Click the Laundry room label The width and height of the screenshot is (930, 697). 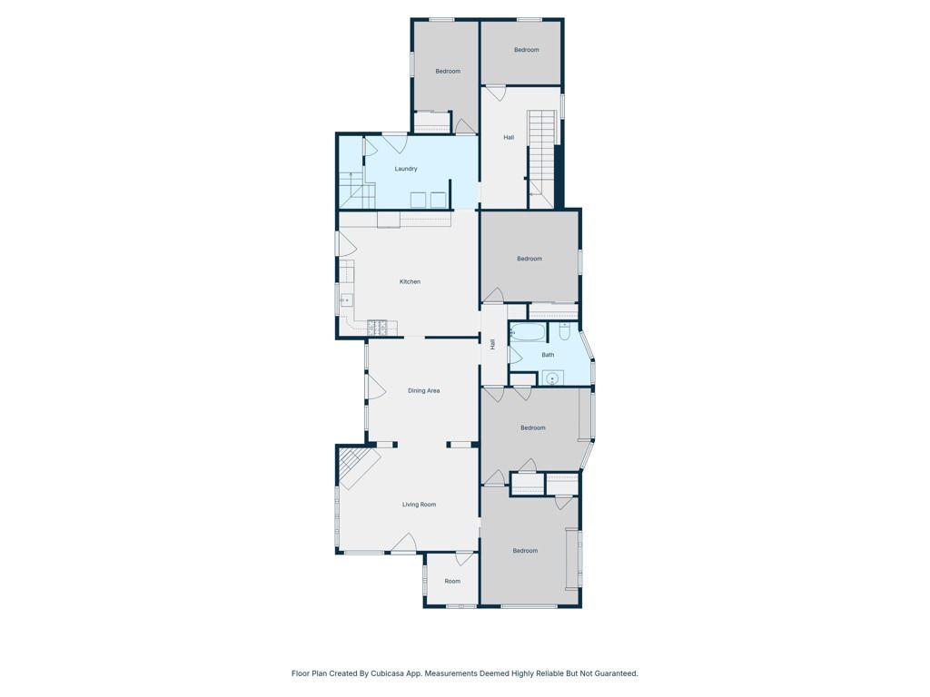click(406, 169)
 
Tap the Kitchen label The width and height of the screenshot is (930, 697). click(410, 281)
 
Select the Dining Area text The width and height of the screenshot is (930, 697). click(423, 390)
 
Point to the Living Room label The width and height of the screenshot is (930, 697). click(420, 505)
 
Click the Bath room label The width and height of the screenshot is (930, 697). click(548, 355)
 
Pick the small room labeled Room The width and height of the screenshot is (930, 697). click(452, 581)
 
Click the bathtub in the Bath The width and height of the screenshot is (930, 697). click(526, 332)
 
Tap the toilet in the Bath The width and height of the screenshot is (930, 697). click(564, 333)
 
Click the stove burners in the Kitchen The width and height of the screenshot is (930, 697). click(377, 326)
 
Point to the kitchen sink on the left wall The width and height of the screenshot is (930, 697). click(345, 299)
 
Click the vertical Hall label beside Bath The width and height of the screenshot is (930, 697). click(493, 344)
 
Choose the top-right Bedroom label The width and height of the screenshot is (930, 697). click(527, 50)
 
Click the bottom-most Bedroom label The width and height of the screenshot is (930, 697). click(525, 551)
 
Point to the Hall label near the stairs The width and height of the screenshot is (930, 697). click(509, 137)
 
